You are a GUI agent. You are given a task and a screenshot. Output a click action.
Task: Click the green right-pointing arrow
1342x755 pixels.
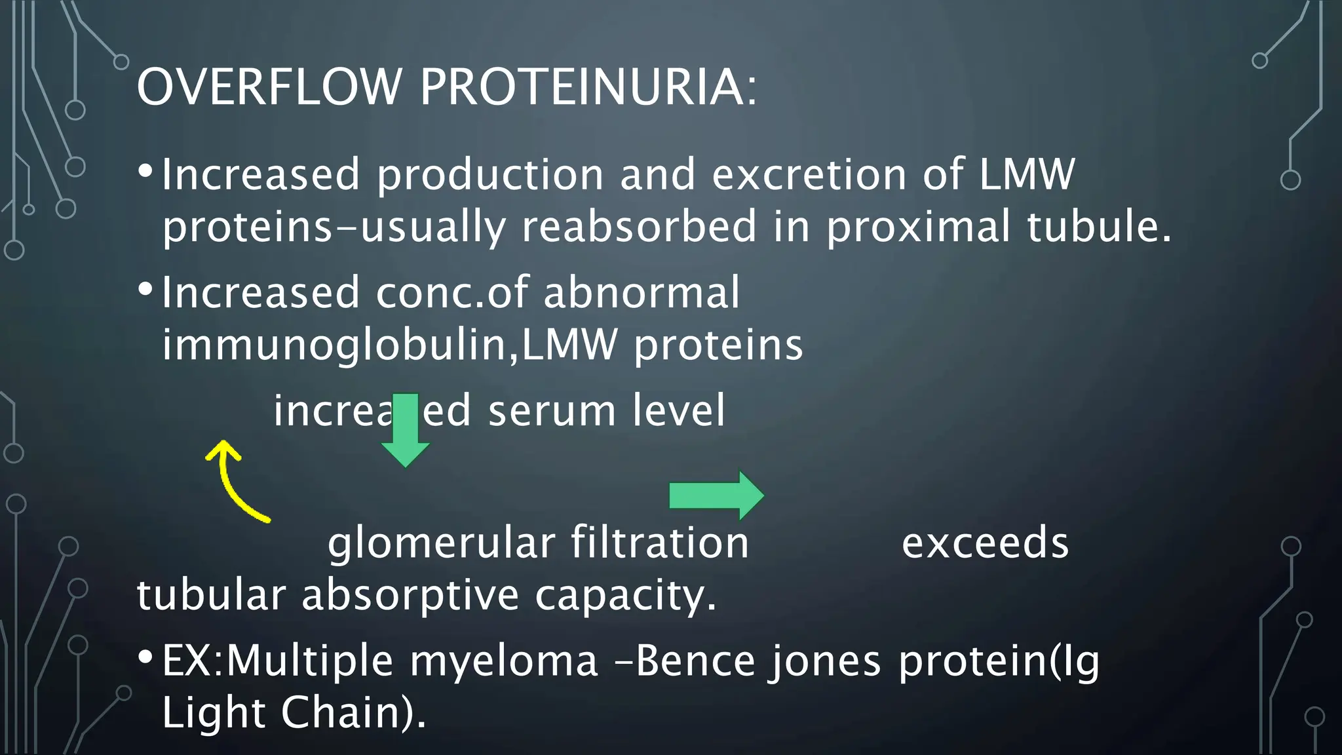716,495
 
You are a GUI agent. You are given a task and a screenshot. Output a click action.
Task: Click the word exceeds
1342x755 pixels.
985,543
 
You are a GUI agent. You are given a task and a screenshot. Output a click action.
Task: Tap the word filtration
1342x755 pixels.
659,543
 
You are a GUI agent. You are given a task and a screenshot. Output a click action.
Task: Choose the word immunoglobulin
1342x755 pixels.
334,345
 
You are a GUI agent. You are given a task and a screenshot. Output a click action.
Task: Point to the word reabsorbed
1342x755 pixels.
639,227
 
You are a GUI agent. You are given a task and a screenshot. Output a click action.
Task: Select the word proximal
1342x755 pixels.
917,227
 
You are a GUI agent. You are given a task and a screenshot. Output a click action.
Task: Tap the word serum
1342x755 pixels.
552,411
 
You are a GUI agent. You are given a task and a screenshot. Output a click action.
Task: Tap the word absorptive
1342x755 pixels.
410,596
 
